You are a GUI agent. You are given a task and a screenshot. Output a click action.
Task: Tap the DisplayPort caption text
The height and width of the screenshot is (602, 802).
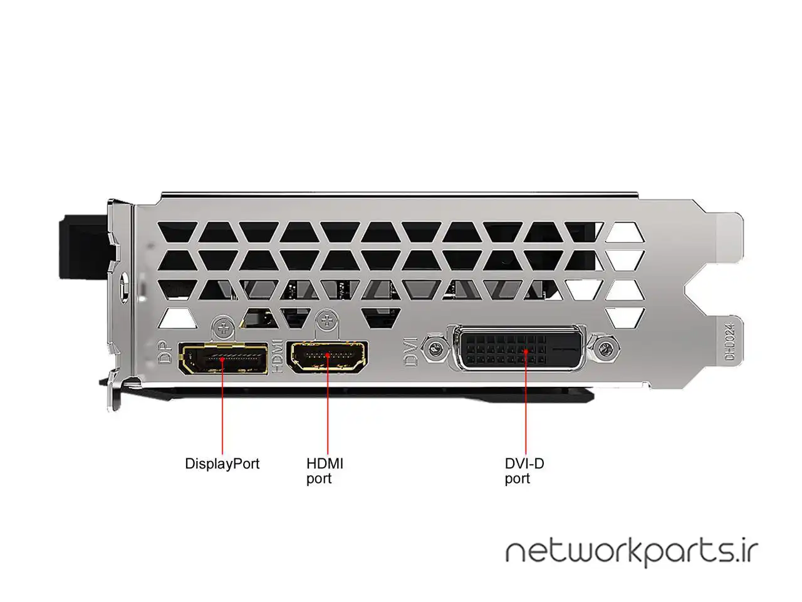[222, 464]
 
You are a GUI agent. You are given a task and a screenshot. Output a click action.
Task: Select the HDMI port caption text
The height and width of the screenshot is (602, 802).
[325, 471]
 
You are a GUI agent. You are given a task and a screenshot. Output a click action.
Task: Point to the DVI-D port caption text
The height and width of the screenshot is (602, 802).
[524, 471]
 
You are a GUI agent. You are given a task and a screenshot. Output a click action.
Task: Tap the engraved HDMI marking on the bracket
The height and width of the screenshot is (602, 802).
[278, 356]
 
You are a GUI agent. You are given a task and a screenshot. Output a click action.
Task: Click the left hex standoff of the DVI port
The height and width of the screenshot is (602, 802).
[430, 346]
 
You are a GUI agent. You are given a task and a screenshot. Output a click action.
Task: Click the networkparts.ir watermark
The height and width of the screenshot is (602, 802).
[632, 552]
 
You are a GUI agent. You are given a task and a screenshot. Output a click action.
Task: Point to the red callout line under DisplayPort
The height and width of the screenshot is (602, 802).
[222, 414]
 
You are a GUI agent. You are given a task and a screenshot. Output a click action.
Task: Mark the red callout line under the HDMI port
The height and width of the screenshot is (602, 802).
[327, 414]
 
